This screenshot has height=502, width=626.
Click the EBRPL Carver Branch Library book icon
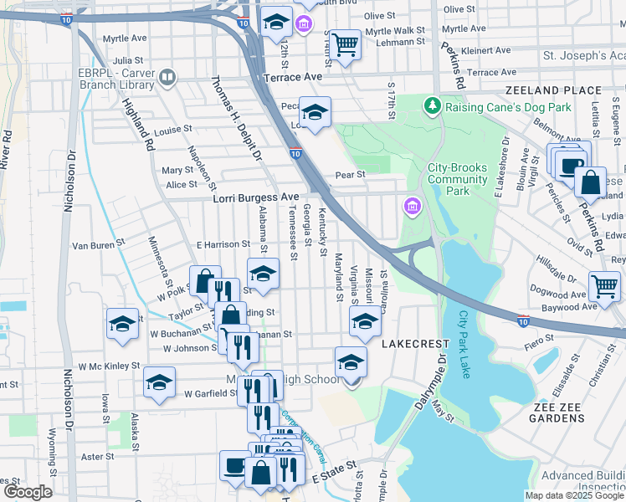coord(167,78)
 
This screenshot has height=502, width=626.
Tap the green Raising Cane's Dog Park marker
coord(432,106)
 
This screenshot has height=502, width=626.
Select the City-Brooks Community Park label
coord(457,179)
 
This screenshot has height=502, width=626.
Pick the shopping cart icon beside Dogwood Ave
coord(603,286)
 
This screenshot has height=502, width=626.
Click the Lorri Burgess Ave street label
coord(255,197)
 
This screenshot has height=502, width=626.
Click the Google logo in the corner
coord(28,491)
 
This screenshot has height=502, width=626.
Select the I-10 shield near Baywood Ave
coord(523,320)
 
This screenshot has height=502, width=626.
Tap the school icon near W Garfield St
coord(159,382)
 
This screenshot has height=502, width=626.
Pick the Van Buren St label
coord(98,245)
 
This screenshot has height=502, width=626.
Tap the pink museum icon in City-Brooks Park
coord(412,205)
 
